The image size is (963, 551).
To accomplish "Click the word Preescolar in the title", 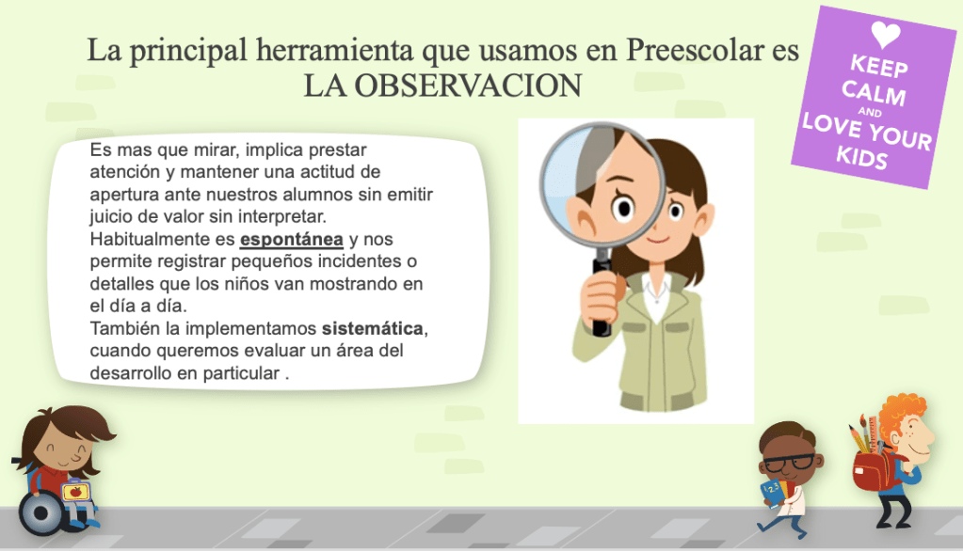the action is pos(695,51).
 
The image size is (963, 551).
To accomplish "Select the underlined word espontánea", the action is pos(291,239).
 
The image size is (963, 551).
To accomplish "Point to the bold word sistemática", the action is pos(372,328).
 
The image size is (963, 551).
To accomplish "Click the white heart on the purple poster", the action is pos(885,34).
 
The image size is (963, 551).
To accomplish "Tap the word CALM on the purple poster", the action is pos(874,93).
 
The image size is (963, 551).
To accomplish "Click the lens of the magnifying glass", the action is pos(601,184).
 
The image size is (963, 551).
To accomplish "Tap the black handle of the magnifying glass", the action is pos(602,294).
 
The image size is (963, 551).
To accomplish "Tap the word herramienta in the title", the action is pos(335,51).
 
